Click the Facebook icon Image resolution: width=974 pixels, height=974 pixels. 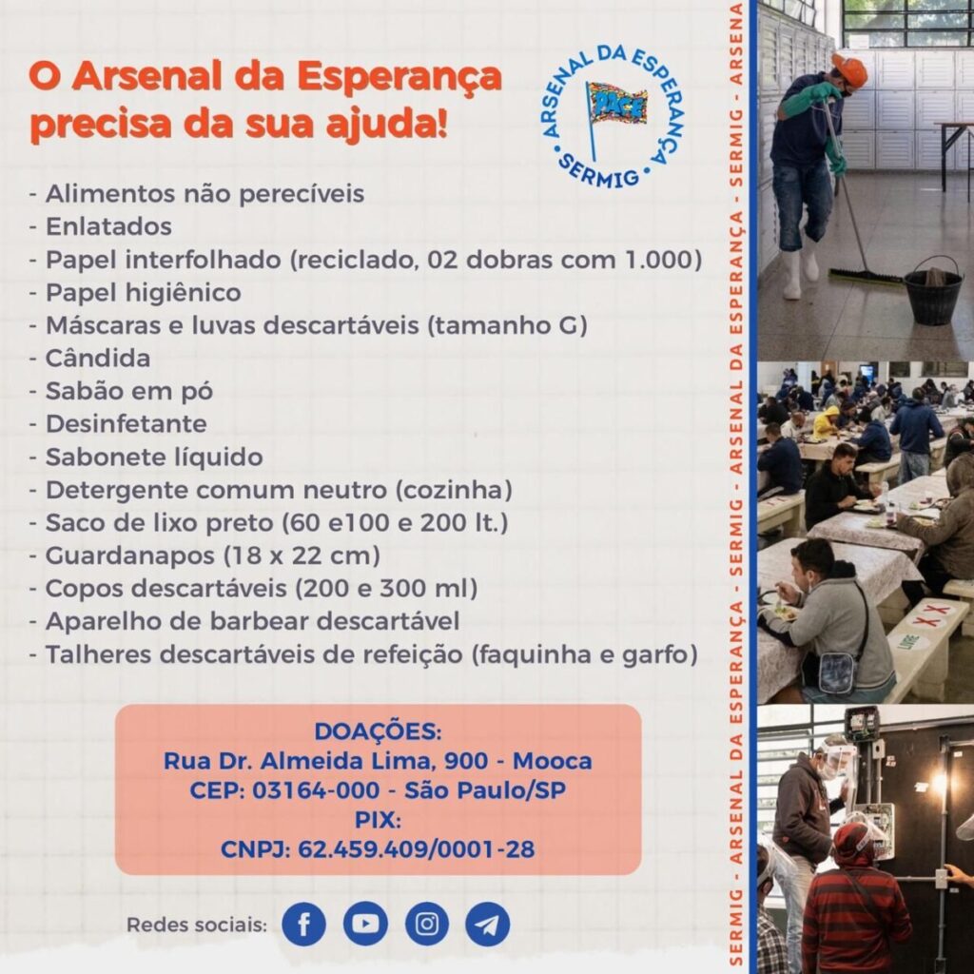pos(303,924)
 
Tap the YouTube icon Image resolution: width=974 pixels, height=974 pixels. pos(365,924)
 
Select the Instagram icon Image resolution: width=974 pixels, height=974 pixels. pos(427,924)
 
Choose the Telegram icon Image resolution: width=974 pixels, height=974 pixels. pos(488,924)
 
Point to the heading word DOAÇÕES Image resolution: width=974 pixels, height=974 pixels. pos(378,731)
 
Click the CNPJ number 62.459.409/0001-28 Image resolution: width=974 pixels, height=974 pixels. pos(416,848)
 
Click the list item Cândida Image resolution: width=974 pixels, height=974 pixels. pos(98,359)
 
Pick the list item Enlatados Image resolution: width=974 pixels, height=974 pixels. pos(108,226)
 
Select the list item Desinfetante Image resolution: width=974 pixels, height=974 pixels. pos(126,424)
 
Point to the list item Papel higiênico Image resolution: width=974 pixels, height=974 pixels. pos(143,292)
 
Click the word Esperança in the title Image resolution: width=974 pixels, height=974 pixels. pos(399,77)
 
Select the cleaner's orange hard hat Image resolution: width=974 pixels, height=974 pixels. pos(848,69)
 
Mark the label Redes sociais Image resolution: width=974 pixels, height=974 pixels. pos(197,925)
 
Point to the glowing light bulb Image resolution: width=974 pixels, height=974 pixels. pos(940,784)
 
